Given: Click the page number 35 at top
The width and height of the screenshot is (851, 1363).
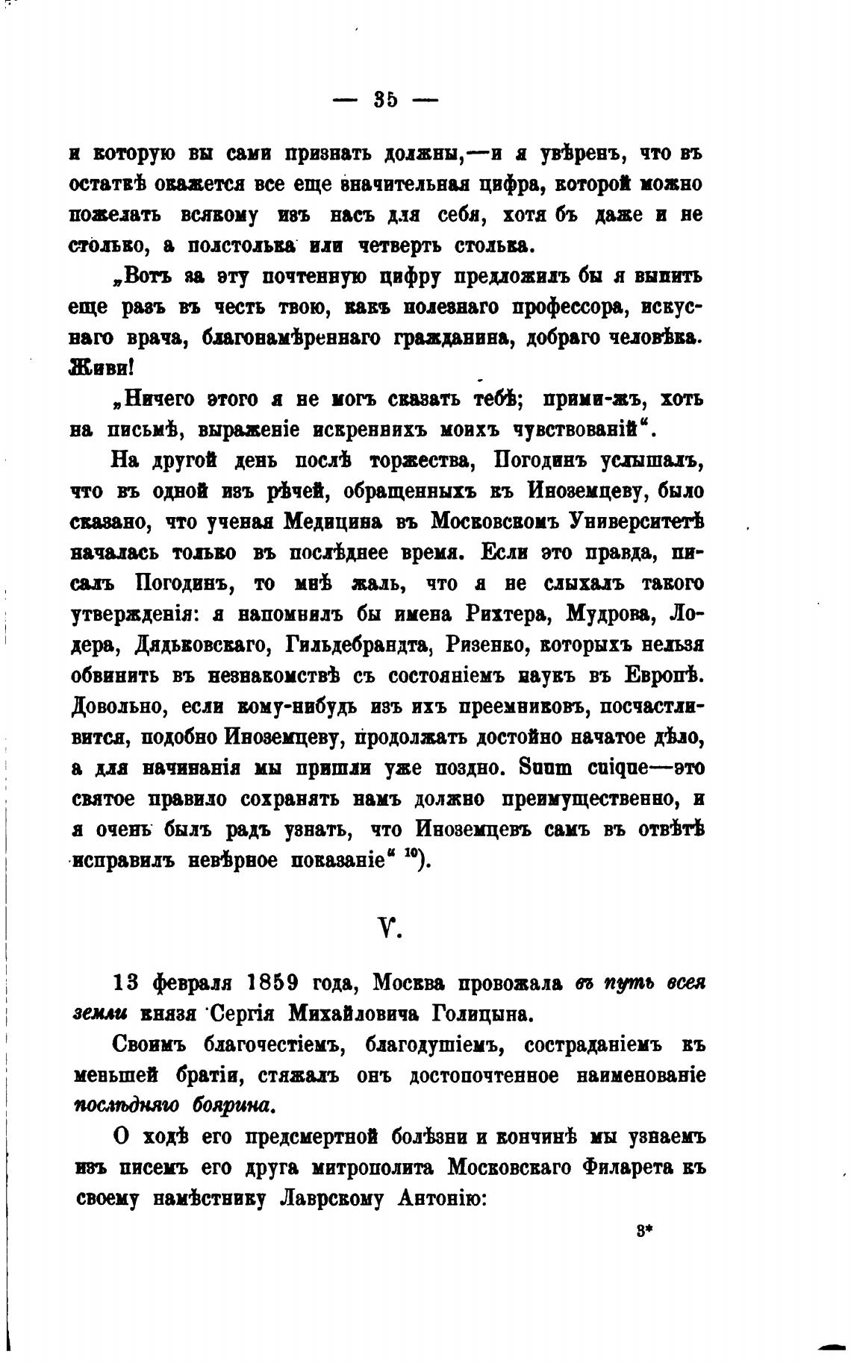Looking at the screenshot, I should click(385, 99).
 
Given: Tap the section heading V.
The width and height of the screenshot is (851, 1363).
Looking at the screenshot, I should click(387, 928).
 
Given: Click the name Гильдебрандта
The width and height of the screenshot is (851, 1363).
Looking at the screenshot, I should click(347, 645).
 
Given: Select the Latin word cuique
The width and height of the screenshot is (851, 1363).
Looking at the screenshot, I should click(599, 768).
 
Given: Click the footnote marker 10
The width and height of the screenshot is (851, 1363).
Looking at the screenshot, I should click(409, 856).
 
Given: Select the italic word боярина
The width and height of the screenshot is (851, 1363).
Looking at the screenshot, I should click(232, 1104).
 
